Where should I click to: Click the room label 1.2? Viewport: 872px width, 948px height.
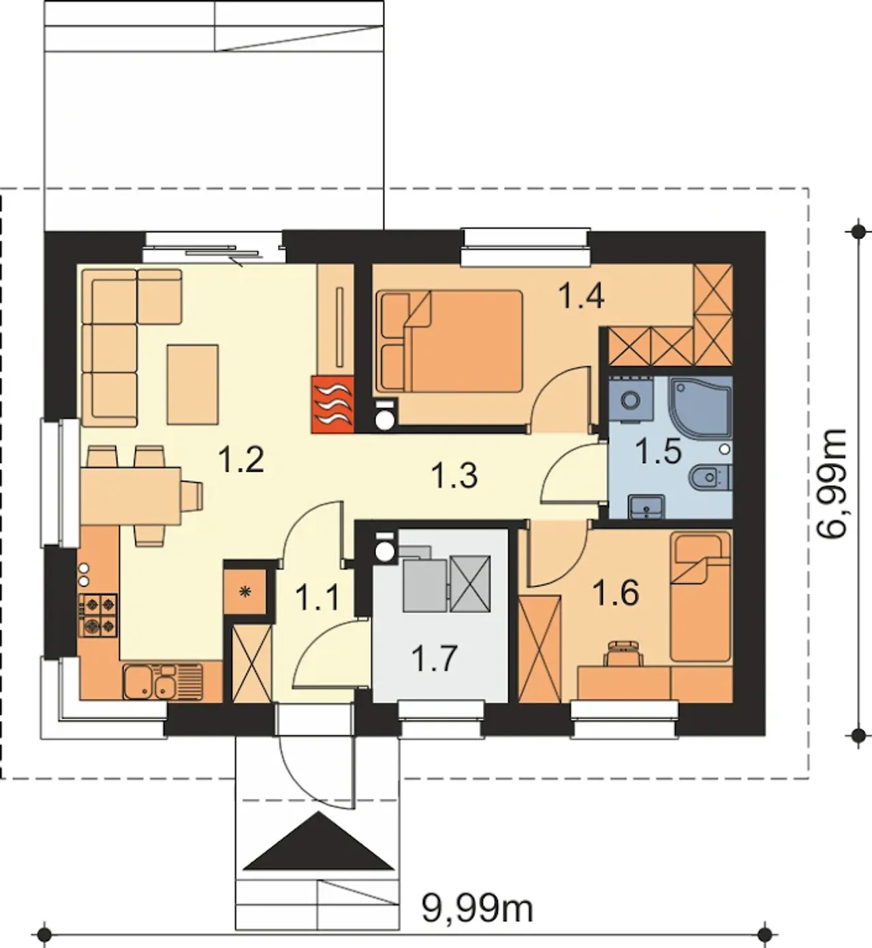click(x=241, y=461)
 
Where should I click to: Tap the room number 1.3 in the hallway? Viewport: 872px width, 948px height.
click(x=455, y=476)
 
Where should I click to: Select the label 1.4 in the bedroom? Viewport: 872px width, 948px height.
click(x=581, y=296)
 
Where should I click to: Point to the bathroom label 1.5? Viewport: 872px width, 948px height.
click(x=659, y=452)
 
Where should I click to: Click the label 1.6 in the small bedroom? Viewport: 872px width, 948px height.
click(x=616, y=593)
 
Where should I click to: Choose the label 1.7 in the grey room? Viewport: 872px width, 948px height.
click(x=435, y=659)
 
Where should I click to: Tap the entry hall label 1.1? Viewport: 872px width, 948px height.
click(x=317, y=597)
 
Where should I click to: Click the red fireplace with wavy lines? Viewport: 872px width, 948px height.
click(x=332, y=404)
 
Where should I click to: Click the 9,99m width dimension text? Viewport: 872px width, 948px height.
click(x=478, y=908)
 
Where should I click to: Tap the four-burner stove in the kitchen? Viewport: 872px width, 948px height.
click(x=98, y=616)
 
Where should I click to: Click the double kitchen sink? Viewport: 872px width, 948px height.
click(x=163, y=682)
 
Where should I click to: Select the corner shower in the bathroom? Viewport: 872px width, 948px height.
click(x=700, y=407)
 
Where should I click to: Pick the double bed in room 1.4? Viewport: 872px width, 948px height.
click(x=449, y=341)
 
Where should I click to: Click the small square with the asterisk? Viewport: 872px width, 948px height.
click(x=245, y=592)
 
